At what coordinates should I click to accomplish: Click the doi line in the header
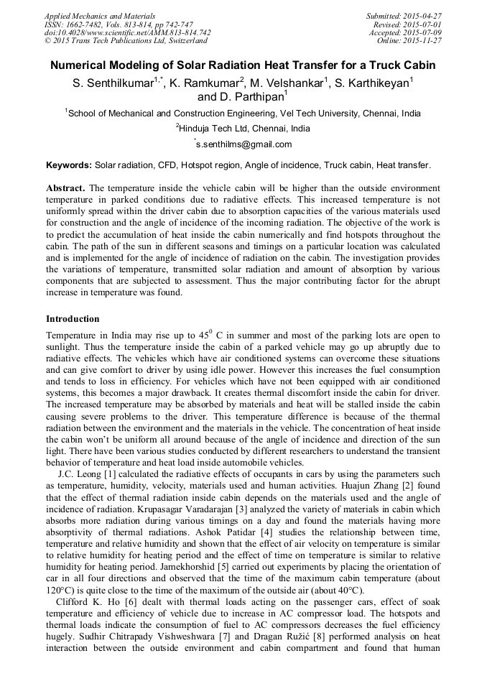pos(127,32)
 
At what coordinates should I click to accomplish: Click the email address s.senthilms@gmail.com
pos(244,144)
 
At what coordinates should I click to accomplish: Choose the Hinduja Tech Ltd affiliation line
pos(243,129)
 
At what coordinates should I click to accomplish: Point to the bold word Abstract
pos(65,188)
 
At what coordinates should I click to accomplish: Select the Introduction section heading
pos(73,318)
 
